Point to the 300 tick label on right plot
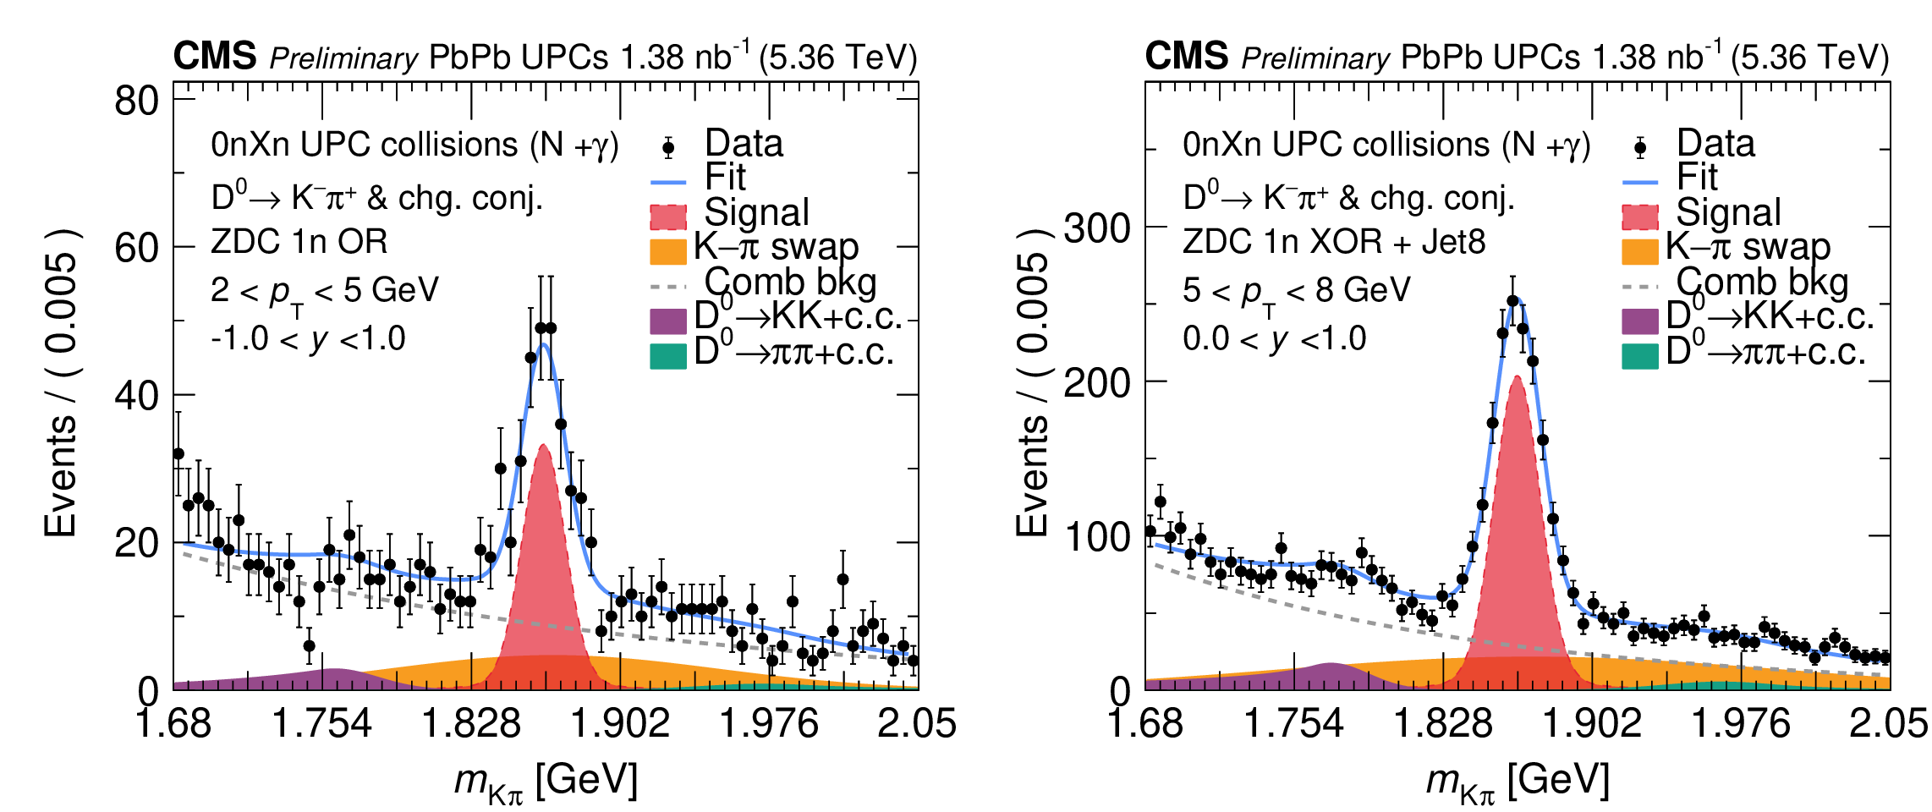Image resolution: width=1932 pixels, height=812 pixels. (x=1096, y=228)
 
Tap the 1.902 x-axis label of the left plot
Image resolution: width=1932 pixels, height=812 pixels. (x=620, y=724)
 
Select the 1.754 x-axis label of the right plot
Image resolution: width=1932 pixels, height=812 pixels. (x=1293, y=724)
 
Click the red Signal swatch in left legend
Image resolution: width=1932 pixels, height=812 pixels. (x=667, y=217)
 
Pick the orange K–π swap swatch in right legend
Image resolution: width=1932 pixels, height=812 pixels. (x=1639, y=251)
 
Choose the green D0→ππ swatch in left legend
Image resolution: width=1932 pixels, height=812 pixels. (x=667, y=355)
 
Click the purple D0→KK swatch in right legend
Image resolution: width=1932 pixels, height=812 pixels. (x=1639, y=321)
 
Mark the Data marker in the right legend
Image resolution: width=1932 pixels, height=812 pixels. (x=1640, y=148)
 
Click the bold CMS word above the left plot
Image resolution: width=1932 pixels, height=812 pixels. (x=215, y=57)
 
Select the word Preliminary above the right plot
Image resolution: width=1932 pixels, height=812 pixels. (x=1315, y=58)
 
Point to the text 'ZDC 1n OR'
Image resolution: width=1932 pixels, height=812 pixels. (x=299, y=242)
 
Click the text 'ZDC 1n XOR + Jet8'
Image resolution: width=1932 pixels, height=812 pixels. (x=1334, y=242)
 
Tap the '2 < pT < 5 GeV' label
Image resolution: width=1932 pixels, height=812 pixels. (x=324, y=291)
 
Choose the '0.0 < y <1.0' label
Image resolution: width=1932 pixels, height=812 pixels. (x=1274, y=339)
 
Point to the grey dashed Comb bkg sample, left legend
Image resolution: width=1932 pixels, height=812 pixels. (x=667, y=287)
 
